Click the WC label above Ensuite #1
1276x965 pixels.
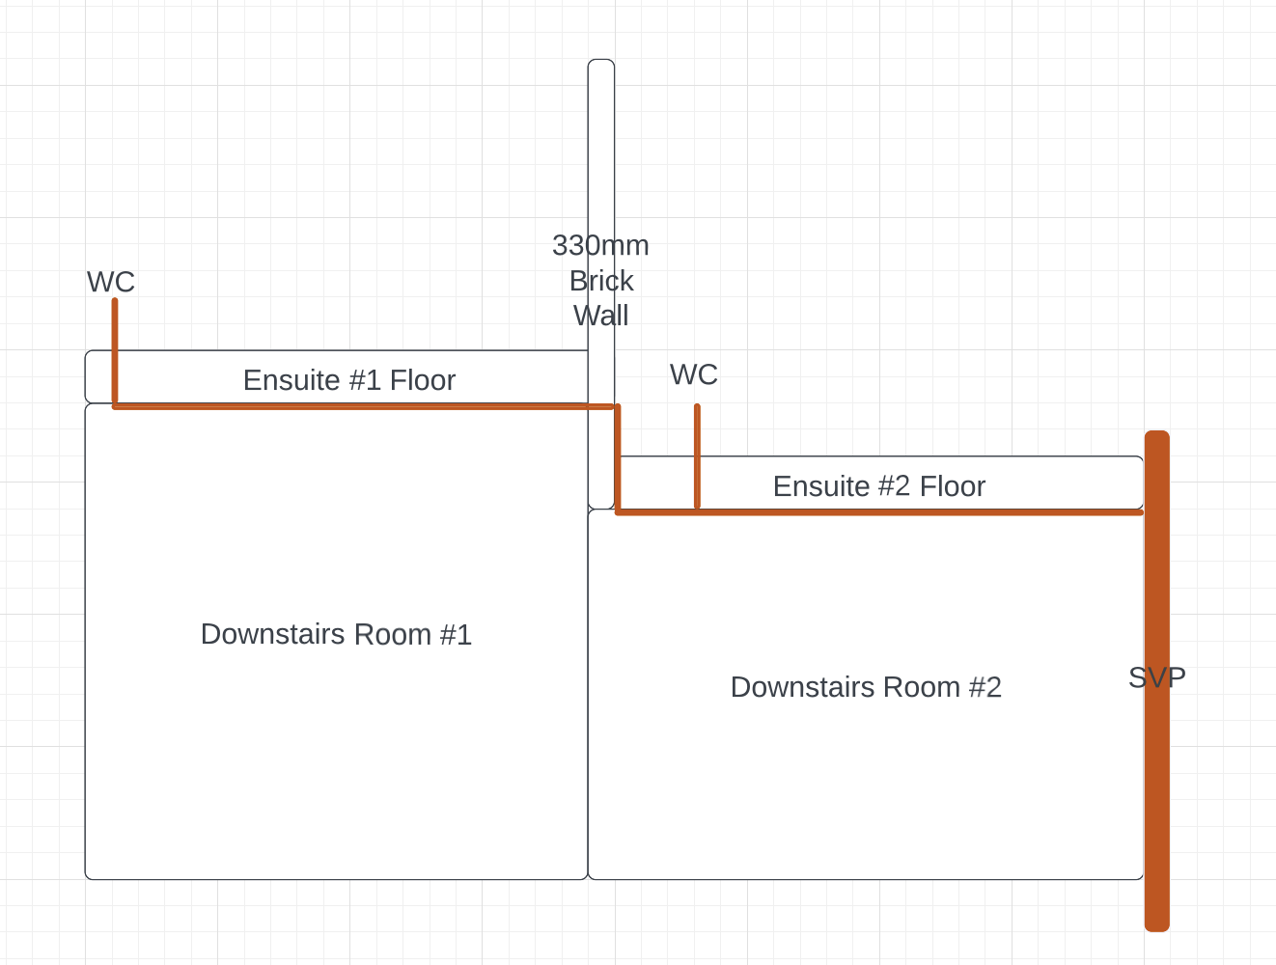click(110, 282)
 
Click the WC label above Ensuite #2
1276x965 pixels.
click(694, 374)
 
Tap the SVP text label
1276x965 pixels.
click(1157, 677)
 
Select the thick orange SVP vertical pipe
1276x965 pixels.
click(1157, 681)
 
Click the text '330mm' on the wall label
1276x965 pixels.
click(600, 245)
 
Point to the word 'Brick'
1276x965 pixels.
click(601, 281)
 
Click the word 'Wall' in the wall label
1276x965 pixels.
click(601, 317)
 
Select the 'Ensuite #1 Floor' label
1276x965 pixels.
click(348, 380)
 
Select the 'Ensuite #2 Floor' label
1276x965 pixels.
click(879, 486)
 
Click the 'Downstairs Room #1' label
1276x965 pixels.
click(336, 634)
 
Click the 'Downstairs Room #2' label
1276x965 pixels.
click(866, 687)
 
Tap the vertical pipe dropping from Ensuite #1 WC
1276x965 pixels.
click(115, 353)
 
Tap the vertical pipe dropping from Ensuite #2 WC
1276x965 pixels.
click(697, 456)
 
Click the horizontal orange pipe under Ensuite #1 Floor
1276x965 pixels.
click(363, 406)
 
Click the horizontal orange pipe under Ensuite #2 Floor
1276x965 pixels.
click(879, 512)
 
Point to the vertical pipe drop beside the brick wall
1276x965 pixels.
click(618, 459)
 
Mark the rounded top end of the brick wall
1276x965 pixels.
click(601, 60)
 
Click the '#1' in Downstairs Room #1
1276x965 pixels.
click(456, 634)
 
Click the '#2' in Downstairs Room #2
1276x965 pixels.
click(985, 687)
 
